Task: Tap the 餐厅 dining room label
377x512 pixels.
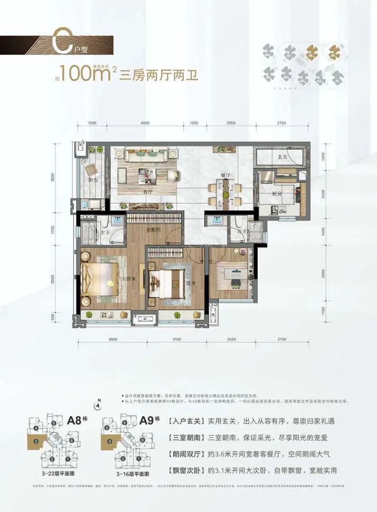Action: tap(224, 174)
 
